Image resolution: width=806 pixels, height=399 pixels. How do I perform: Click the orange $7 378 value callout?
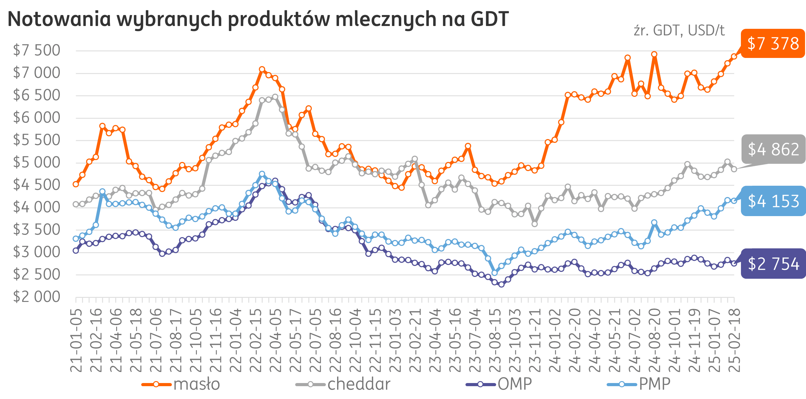pyautogui.click(x=773, y=44)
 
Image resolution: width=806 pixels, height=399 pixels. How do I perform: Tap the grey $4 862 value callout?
pyautogui.click(x=773, y=149)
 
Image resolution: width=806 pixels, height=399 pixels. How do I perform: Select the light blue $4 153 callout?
pyautogui.click(x=773, y=201)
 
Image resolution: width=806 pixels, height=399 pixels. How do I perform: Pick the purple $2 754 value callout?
pyautogui.click(x=773, y=263)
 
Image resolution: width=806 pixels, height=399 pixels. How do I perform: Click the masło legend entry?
pyautogui.click(x=181, y=384)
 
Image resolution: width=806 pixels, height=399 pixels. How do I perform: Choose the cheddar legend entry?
pyautogui.click(x=343, y=384)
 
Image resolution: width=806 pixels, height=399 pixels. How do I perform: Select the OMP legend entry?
pyautogui.click(x=499, y=384)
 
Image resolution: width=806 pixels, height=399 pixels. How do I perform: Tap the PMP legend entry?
pyautogui.click(x=639, y=384)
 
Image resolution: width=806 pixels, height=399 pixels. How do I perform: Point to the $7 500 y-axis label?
pyautogui.click(x=36, y=50)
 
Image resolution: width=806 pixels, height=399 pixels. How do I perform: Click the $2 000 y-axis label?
pyautogui.click(x=36, y=297)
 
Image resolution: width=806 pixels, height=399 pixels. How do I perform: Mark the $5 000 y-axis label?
pyautogui.click(x=36, y=163)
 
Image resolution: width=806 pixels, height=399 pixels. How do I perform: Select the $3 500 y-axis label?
pyautogui.click(x=36, y=230)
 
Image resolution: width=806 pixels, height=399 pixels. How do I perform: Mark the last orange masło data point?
pyautogui.click(x=734, y=56)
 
